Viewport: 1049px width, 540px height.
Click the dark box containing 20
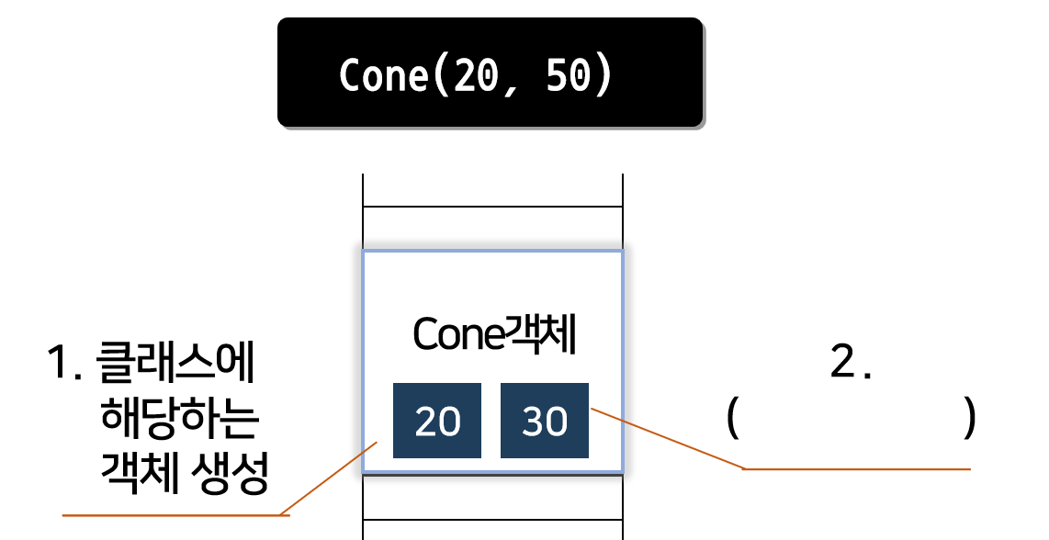pos(437,421)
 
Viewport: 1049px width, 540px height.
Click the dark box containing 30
pos(545,421)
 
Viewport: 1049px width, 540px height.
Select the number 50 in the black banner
pos(567,75)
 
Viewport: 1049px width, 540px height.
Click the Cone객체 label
pos(493,336)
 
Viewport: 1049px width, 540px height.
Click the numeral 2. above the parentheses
pos(850,365)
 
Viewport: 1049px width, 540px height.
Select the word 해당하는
pos(180,422)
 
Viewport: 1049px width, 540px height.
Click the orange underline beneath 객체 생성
pos(175,515)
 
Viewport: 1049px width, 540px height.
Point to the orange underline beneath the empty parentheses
pos(856,469)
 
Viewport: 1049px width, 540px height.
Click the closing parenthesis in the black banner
pos(601,75)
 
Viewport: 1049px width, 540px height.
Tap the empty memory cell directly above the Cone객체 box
pos(492,228)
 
